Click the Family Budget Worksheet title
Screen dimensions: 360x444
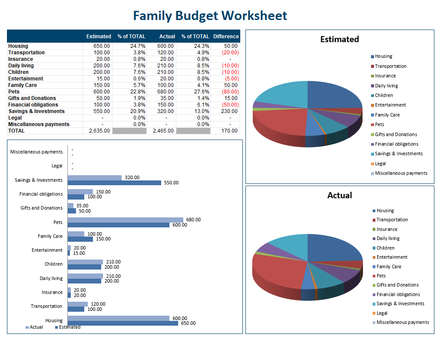click(210, 16)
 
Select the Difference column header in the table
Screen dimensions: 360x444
click(226, 37)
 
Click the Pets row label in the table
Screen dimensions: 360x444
click(14, 92)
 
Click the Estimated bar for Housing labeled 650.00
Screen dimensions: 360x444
click(123, 323)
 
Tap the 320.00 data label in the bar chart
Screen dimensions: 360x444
click(132, 177)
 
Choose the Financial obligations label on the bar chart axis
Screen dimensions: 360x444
click(41, 194)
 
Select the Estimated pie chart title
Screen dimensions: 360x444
click(339, 40)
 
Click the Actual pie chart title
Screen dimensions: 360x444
click(339, 196)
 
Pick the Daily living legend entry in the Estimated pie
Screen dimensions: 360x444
click(386, 86)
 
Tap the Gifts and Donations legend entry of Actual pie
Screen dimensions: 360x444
click(397, 285)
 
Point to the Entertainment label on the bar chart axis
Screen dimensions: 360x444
click(47, 250)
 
